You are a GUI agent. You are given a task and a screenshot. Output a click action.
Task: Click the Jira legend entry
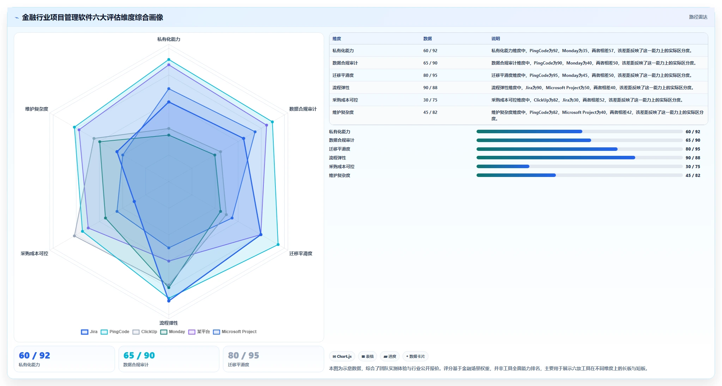click(x=89, y=332)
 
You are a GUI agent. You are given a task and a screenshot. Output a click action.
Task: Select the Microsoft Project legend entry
click(x=235, y=332)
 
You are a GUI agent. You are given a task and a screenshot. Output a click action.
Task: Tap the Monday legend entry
click(x=172, y=332)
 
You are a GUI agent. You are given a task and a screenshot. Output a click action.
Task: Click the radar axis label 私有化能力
click(x=169, y=39)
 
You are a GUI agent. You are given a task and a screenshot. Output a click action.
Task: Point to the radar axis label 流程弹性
click(x=169, y=323)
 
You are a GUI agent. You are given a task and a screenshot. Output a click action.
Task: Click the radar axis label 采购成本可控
click(x=34, y=253)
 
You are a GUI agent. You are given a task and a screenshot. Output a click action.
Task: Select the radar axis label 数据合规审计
click(x=303, y=109)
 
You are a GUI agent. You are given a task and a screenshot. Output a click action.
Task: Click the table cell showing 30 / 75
click(x=430, y=100)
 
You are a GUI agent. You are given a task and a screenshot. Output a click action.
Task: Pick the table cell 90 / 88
click(x=430, y=88)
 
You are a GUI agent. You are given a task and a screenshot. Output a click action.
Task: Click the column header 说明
click(x=496, y=39)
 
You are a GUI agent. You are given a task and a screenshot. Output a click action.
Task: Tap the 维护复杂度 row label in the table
click(x=343, y=112)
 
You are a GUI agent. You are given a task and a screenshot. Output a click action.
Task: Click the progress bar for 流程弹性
click(x=580, y=158)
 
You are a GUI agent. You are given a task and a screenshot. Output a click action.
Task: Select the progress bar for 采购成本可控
click(x=580, y=166)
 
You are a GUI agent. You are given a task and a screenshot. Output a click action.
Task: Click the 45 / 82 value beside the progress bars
click(x=693, y=176)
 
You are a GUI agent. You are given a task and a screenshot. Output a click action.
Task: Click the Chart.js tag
click(x=342, y=356)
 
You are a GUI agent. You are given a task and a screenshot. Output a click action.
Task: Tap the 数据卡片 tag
click(x=415, y=356)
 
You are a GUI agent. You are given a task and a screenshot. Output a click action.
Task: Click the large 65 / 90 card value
click(x=139, y=355)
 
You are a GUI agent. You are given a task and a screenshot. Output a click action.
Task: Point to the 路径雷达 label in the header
click(x=698, y=17)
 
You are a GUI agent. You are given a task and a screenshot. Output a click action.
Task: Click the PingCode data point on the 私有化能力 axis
click(x=169, y=60)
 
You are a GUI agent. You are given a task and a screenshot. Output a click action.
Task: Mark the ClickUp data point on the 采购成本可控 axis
click(x=74, y=236)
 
